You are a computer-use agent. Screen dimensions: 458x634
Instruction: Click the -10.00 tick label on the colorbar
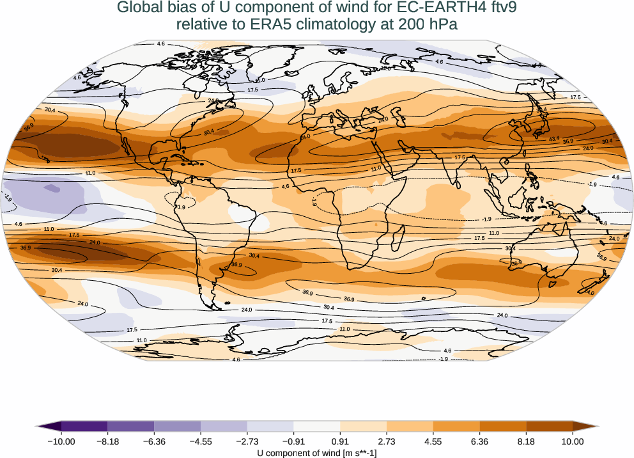(x=61, y=441)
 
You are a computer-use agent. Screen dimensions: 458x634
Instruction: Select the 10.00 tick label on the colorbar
(x=573, y=441)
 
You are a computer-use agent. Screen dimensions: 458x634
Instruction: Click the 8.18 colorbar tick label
(x=526, y=441)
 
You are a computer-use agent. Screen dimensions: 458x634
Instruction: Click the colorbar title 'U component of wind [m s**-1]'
(x=317, y=452)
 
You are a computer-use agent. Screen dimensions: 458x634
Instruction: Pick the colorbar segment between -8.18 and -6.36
(x=131, y=426)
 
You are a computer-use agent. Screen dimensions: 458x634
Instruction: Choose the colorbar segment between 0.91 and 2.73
(x=364, y=426)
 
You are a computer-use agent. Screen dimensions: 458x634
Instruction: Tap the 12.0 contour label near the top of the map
(x=385, y=68)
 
